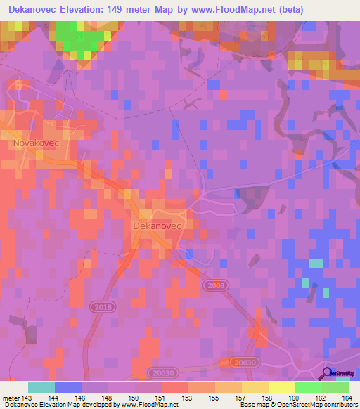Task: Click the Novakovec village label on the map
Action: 34,142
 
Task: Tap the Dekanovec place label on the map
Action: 157,226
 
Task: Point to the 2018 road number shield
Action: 101,307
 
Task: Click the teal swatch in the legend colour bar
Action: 41,387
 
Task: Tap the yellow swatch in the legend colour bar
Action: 281,387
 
